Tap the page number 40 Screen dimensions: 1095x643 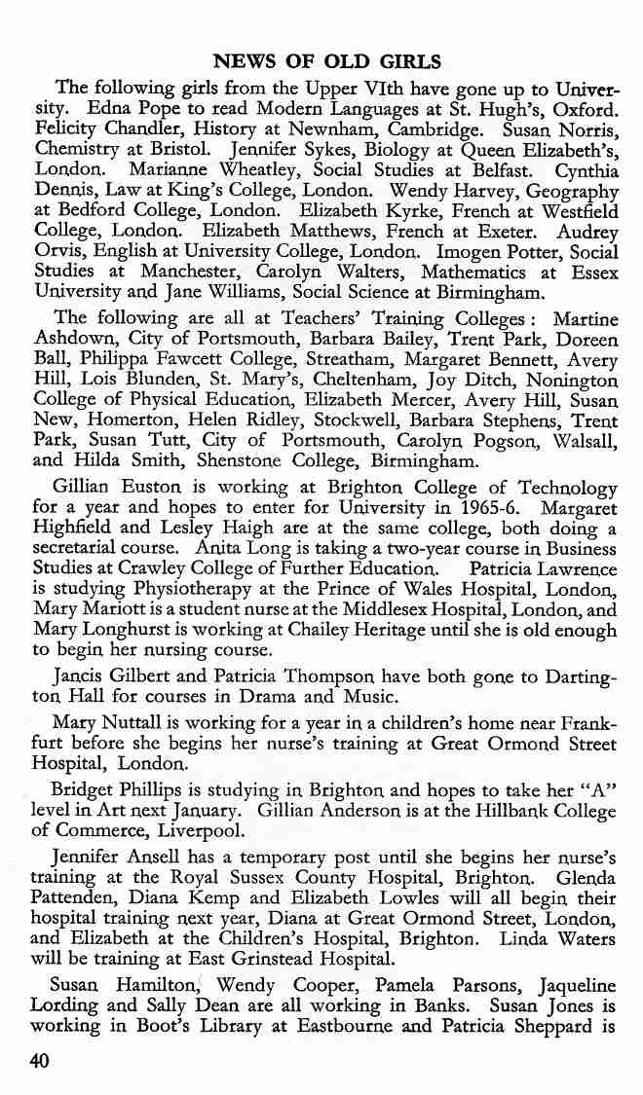(x=40, y=1062)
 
